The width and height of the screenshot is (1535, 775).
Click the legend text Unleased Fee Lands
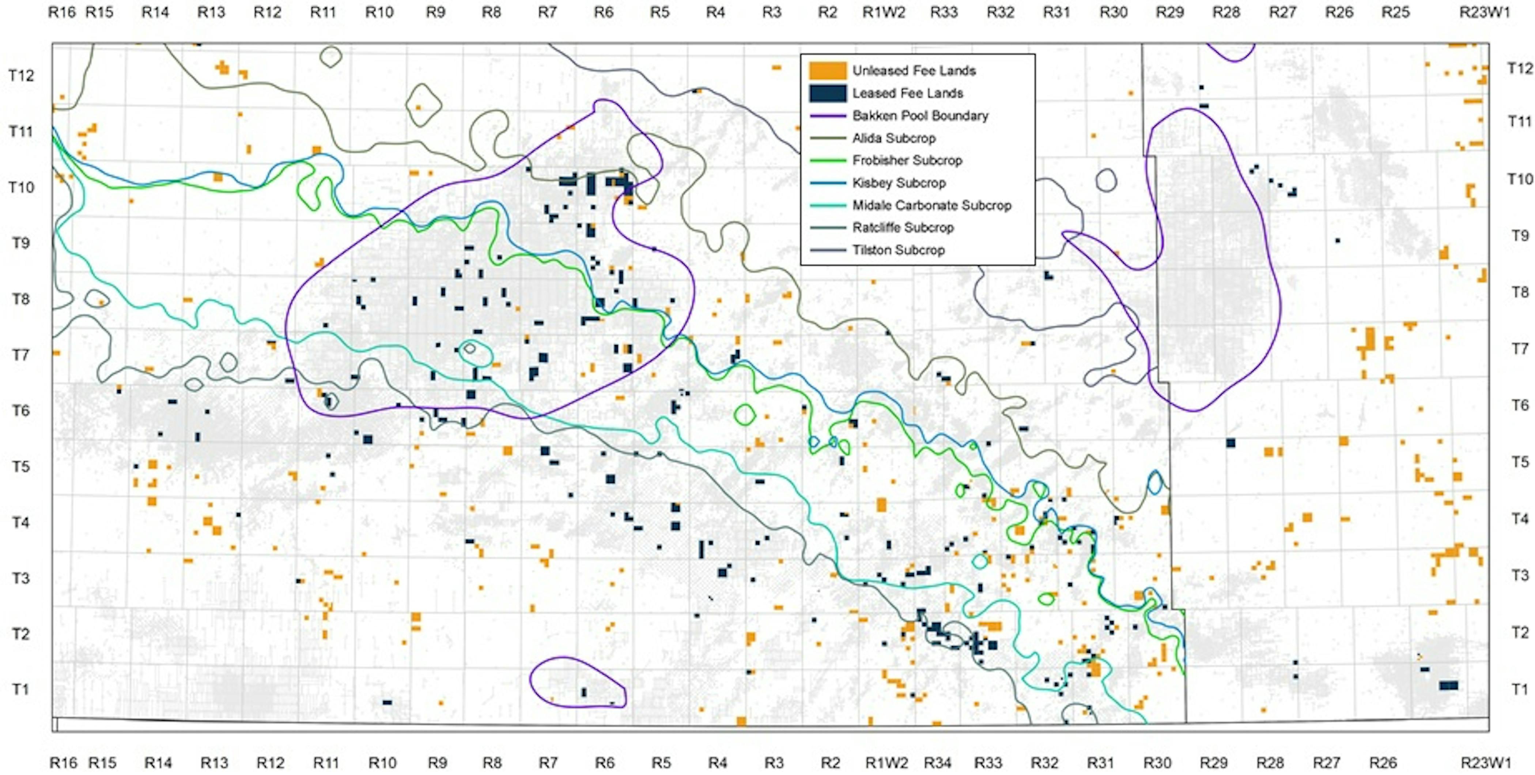[x=914, y=71]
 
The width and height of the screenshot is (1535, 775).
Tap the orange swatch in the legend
[x=827, y=71]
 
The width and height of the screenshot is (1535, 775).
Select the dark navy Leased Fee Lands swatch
[x=827, y=94]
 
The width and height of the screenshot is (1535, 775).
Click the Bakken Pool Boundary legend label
[x=920, y=116]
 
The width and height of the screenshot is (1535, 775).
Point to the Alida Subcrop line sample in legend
[x=827, y=138]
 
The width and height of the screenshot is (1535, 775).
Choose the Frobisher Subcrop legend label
[x=907, y=160]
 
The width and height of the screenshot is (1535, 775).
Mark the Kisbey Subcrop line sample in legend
[x=827, y=183]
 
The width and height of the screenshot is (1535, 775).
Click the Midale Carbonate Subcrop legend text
[x=932, y=205]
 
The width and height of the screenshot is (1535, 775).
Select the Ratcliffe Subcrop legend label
[x=903, y=227]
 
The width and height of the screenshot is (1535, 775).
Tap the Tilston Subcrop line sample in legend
[x=827, y=250]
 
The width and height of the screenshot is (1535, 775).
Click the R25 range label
[x=1395, y=12]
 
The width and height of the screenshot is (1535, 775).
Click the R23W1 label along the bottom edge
[x=1486, y=763]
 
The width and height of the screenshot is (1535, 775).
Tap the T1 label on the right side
[x=1520, y=689]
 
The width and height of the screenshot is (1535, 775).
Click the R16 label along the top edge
[x=62, y=12]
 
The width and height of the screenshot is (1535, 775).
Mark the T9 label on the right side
[x=1520, y=236]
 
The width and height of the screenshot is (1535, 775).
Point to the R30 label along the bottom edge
[x=1157, y=763]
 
